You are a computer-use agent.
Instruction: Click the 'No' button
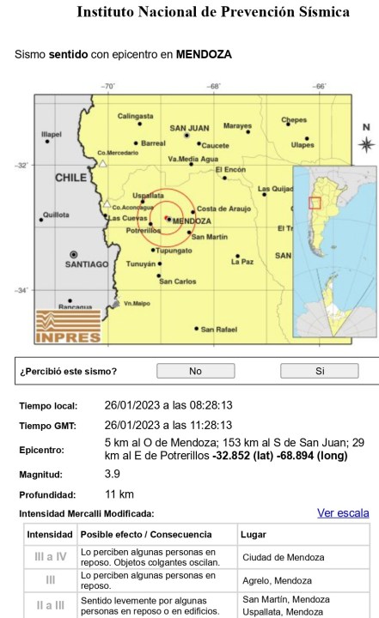pos(195,372)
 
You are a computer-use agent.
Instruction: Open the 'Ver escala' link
pos(343,513)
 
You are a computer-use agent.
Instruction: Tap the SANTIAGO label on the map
pos(75,264)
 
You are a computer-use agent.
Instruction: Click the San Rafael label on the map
pos(217,329)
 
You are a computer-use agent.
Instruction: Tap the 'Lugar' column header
pos(254,534)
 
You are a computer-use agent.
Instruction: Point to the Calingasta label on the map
pos(136,116)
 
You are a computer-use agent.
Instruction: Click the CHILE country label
pos(71,179)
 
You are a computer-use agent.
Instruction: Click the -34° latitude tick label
pos(22,290)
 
